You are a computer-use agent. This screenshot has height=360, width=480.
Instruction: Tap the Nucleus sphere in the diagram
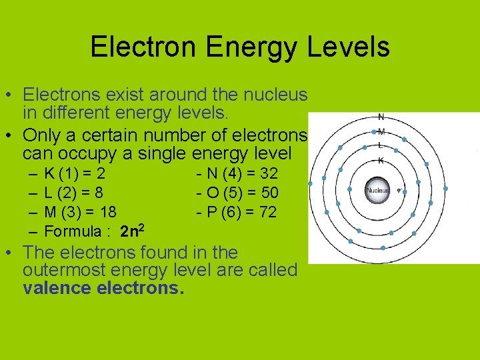377,191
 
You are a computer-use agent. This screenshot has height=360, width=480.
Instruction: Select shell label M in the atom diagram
381,131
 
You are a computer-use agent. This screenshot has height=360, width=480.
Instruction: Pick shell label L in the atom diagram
380,145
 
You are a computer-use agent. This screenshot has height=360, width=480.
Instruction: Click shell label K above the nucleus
380,160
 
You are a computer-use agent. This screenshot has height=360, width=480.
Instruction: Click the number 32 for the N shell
268,175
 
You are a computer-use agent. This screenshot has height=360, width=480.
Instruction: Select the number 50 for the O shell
269,193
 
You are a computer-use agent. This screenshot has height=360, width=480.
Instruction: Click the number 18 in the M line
107,213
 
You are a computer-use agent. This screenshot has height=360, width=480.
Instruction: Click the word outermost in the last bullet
59,271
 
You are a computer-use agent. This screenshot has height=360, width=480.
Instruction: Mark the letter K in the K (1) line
49,175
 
